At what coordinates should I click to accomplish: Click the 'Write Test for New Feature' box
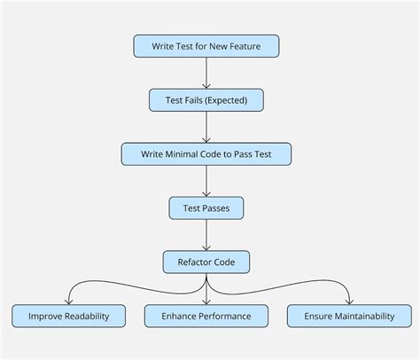[206, 46]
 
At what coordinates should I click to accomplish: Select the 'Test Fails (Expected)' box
[206, 100]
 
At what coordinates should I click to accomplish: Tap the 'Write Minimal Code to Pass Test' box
[206, 154]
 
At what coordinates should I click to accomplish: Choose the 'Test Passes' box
[206, 208]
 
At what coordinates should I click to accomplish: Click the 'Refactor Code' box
[206, 262]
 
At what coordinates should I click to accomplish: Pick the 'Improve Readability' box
[69, 316]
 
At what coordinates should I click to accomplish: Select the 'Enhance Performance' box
[206, 316]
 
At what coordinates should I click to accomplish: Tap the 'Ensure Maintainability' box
[349, 316]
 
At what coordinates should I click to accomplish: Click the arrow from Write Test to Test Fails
[206, 73]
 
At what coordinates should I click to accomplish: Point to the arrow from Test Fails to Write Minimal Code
[206, 127]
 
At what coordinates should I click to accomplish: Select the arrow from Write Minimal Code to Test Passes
[206, 181]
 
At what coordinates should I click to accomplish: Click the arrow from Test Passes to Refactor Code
[206, 235]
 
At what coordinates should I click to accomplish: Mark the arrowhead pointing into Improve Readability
[69, 301]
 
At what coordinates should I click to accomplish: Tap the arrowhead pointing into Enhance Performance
[206, 301]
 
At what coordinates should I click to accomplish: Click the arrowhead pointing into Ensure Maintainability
[349, 301]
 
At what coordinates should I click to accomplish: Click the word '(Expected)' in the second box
[228, 100]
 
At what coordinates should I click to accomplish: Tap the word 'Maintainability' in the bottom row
[366, 316]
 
